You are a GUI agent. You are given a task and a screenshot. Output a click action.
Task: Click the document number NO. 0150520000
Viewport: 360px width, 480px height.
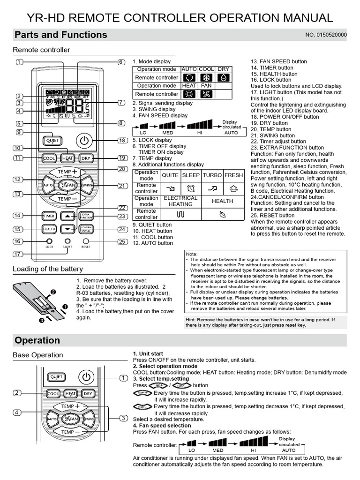[x=326, y=35]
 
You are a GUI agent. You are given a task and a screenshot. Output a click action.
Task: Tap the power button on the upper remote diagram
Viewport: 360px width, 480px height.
[x=84, y=140]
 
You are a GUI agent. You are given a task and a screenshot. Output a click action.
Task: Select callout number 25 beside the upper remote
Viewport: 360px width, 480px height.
[x=122, y=241]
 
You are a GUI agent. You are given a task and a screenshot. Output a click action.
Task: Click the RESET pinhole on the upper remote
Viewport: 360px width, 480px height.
[x=86, y=241]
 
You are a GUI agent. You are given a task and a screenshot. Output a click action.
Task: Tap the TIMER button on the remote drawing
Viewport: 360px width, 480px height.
[x=49, y=216]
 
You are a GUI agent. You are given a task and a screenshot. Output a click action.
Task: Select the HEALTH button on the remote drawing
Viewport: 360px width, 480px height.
[x=49, y=229]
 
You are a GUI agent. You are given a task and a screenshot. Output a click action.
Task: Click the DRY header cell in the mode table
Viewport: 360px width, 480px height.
[x=224, y=69]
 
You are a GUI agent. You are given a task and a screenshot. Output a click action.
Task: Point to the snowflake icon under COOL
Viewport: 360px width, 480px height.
[x=207, y=78]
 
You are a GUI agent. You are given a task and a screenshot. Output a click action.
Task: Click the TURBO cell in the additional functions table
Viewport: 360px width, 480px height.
[x=212, y=175]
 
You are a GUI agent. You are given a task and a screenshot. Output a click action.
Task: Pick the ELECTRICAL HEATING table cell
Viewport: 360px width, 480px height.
[x=180, y=201]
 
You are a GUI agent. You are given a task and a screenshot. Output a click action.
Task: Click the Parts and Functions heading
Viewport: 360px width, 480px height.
[x=61, y=35]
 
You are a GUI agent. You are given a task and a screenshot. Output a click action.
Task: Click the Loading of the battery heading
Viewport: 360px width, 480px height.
[x=48, y=269]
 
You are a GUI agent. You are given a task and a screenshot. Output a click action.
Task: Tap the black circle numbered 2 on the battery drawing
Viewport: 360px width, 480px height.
[x=53, y=292]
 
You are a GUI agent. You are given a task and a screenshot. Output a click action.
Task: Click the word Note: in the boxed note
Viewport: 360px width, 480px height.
[x=192, y=253]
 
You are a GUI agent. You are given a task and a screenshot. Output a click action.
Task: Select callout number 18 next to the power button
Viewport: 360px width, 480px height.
[x=122, y=141]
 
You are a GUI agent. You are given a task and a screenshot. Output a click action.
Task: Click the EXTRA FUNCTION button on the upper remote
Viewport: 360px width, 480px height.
[x=86, y=216]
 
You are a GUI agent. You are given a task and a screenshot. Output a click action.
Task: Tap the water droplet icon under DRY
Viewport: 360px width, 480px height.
[x=224, y=78]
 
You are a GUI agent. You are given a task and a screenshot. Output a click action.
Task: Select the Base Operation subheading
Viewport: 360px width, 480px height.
[x=37, y=355]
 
